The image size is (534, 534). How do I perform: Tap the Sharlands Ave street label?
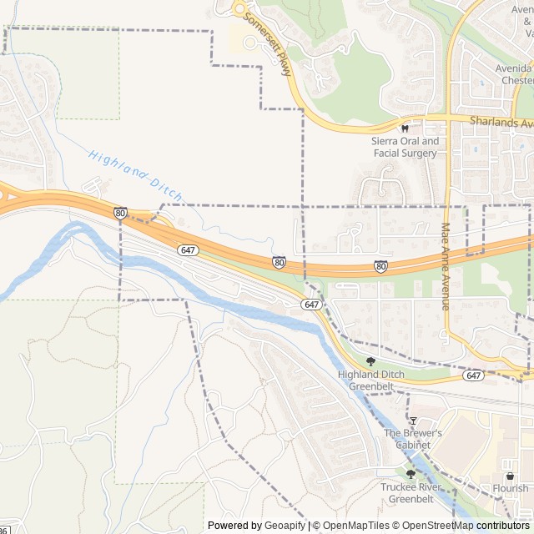tap(501, 122)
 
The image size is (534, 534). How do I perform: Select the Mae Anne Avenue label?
tap(446, 266)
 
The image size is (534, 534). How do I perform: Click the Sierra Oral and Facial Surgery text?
tap(405, 147)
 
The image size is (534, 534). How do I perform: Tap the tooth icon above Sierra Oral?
tap(406, 128)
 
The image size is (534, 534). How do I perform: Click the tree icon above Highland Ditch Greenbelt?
tap(370, 361)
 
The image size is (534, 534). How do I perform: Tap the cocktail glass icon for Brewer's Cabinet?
tap(411, 420)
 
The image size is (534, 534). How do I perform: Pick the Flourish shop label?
tap(510, 488)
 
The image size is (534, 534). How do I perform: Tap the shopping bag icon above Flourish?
tap(510, 476)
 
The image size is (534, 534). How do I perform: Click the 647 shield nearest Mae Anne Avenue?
tap(474, 375)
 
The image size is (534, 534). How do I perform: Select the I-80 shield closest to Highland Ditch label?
tap(121, 214)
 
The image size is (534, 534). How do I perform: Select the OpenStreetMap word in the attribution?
tap(436, 526)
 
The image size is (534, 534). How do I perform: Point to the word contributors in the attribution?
tap(504, 526)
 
